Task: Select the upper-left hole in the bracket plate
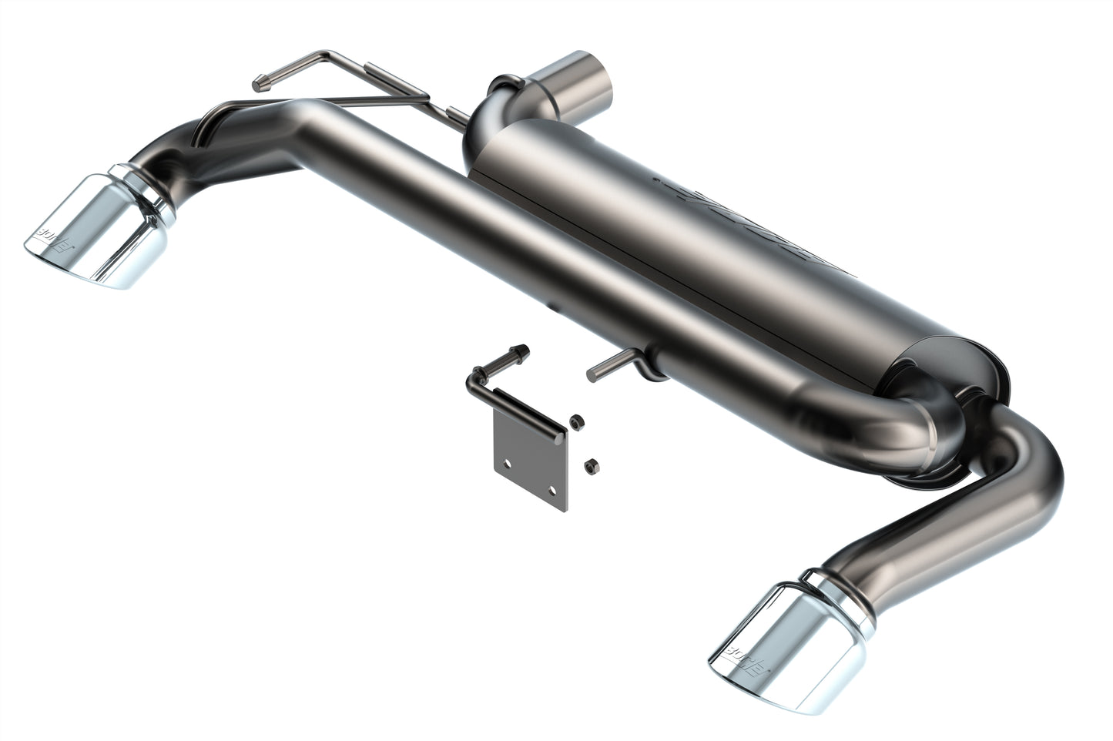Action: (x=507, y=463)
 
